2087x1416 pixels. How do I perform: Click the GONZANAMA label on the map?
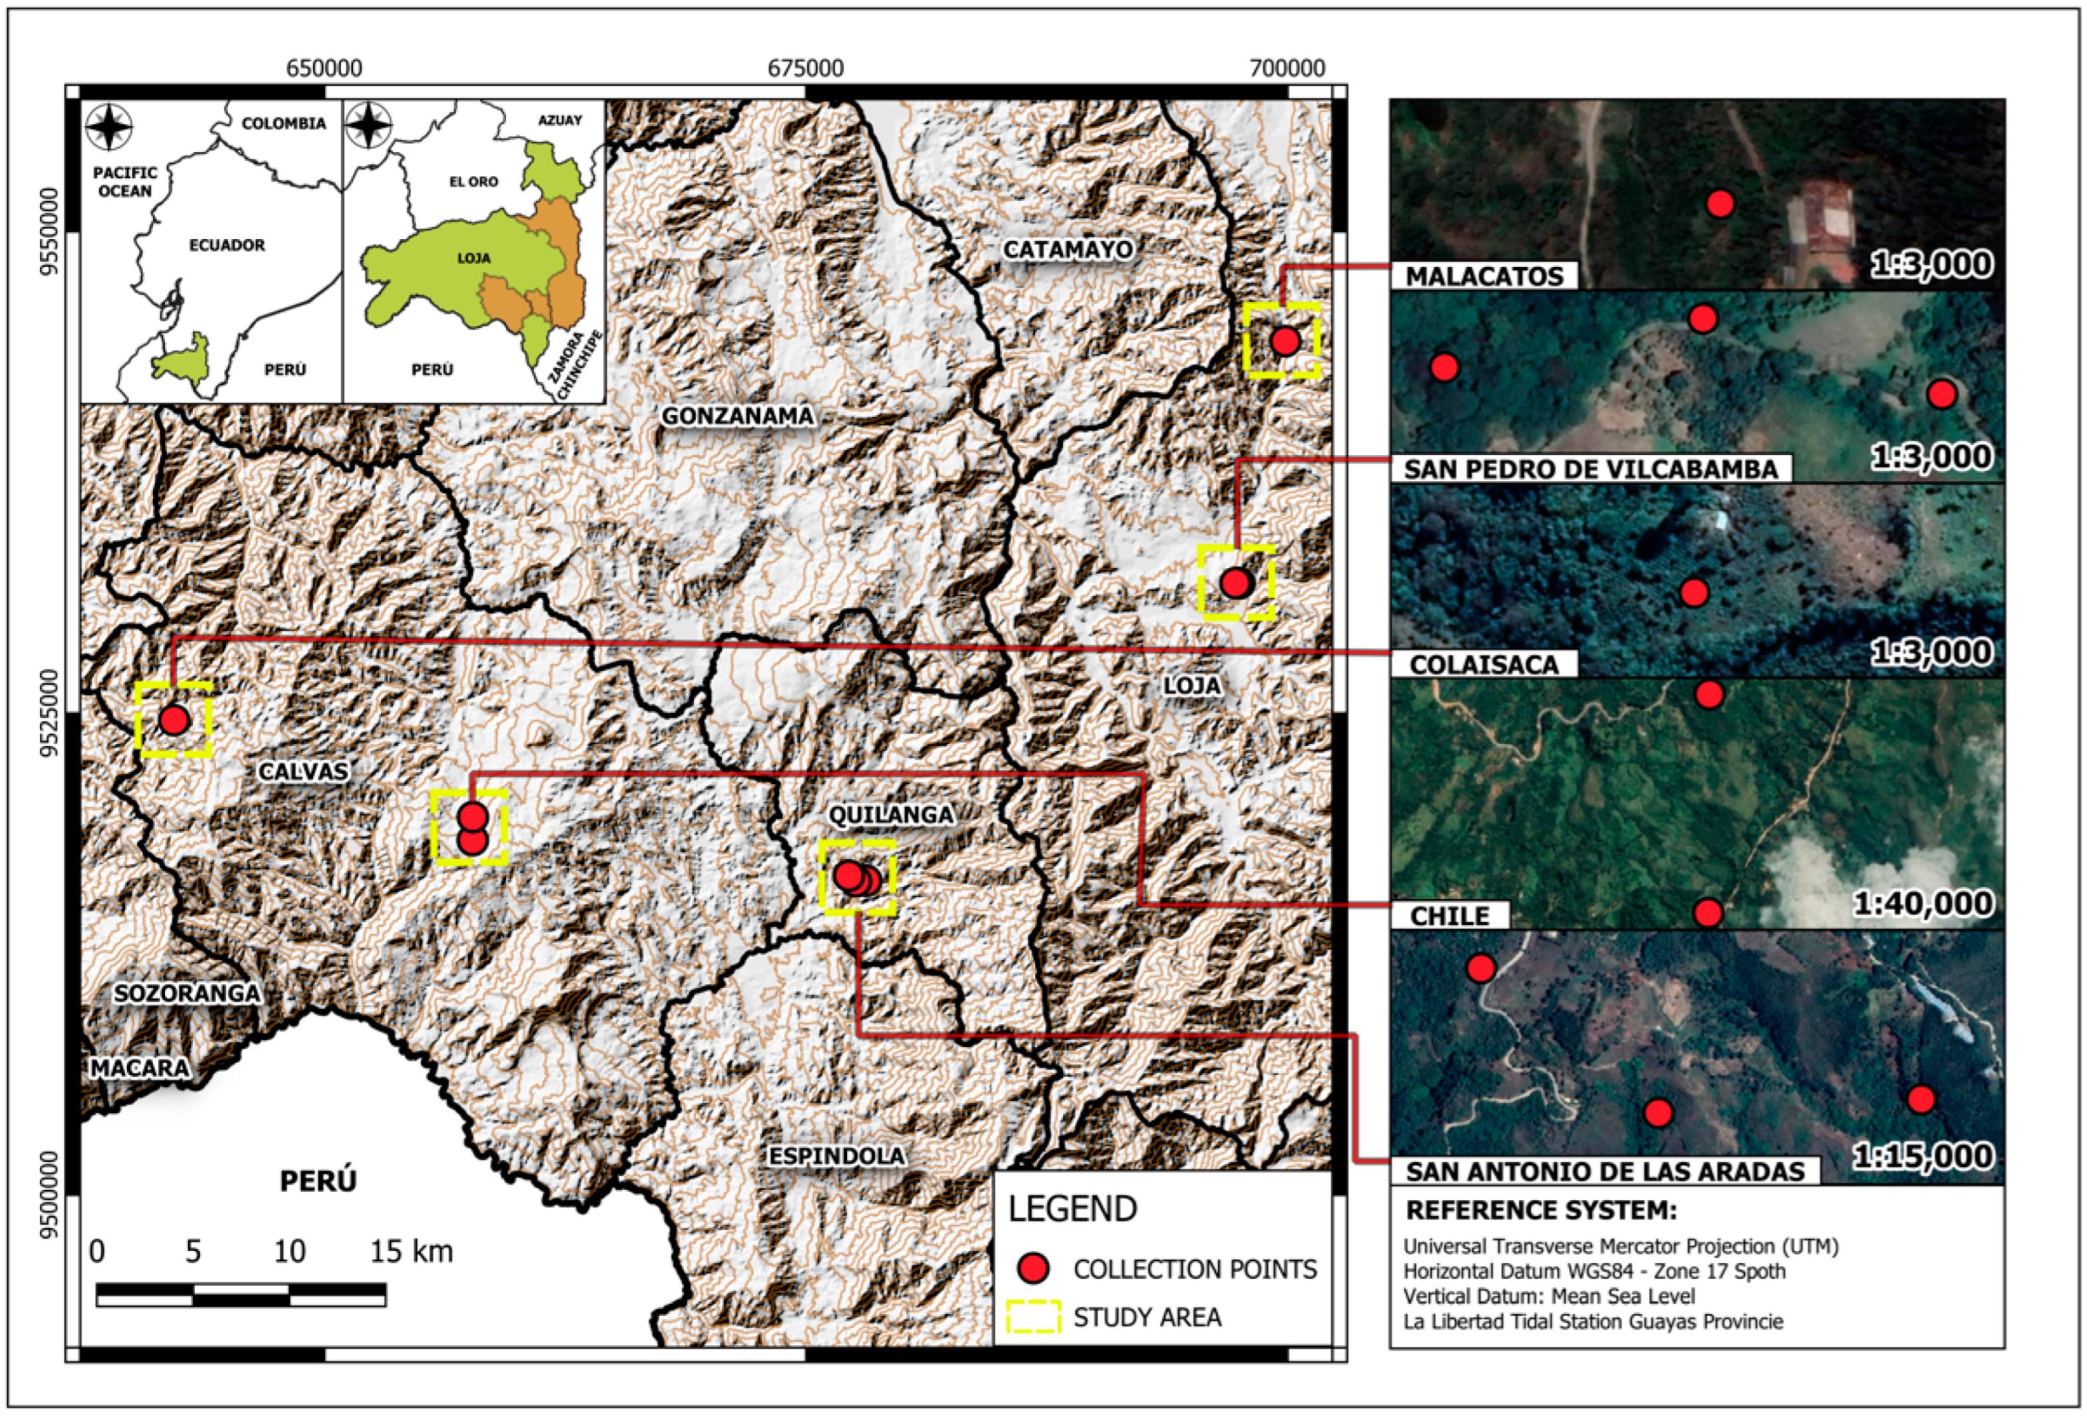[x=737, y=416]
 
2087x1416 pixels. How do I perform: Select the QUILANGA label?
[x=890, y=815]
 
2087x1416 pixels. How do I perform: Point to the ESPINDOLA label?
[x=836, y=1156]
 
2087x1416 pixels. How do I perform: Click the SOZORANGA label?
[x=186, y=993]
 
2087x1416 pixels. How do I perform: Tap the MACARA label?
[x=140, y=1068]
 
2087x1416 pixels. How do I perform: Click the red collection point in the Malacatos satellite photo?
[x=1719, y=204]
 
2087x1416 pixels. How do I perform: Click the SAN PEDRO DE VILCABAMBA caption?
[x=1590, y=470]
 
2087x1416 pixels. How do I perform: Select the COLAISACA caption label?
[x=1482, y=665]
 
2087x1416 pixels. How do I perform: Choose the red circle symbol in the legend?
[x=1034, y=1268]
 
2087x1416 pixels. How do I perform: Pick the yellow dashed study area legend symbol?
[x=1034, y=1316]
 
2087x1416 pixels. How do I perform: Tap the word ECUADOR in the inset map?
[x=226, y=245]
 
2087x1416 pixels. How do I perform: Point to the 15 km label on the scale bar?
[x=412, y=1251]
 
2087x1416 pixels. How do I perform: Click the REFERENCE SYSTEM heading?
[x=1540, y=1210]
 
